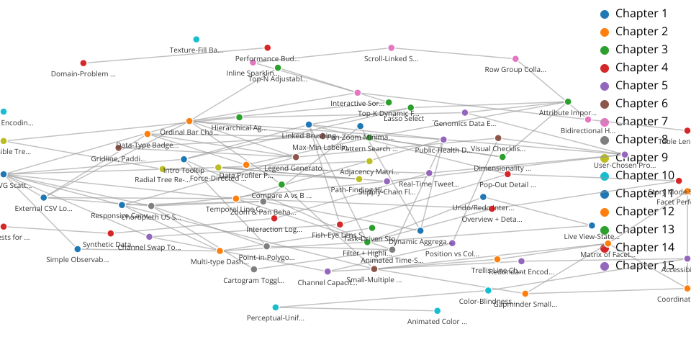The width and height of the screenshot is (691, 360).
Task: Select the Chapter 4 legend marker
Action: [x=605, y=68]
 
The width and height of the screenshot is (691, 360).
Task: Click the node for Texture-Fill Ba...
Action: [x=197, y=40]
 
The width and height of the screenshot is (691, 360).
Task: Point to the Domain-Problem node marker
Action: [x=83, y=63]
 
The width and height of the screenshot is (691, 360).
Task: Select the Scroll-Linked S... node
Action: [x=392, y=48]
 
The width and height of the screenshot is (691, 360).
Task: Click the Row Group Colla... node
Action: [x=515, y=59]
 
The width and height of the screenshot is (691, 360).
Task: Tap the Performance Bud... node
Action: [x=268, y=48]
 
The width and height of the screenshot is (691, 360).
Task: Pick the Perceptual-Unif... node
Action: [x=276, y=307]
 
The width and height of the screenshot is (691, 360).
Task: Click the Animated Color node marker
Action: [x=438, y=311]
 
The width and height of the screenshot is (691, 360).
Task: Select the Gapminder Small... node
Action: [x=525, y=294]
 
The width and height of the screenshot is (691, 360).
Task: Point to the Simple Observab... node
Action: [x=78, y=249]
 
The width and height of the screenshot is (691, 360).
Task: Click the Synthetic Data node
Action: [x=110, y=233]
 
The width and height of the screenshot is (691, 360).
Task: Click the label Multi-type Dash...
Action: [x=220, y=262]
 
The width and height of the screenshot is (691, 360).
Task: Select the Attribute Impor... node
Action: [x=568, y=102]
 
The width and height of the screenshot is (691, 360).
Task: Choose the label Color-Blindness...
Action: [x=489, y=302]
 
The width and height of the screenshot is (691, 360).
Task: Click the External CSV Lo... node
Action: [x=44, y=197]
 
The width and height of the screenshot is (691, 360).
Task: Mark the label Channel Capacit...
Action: [x=327, y=283]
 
